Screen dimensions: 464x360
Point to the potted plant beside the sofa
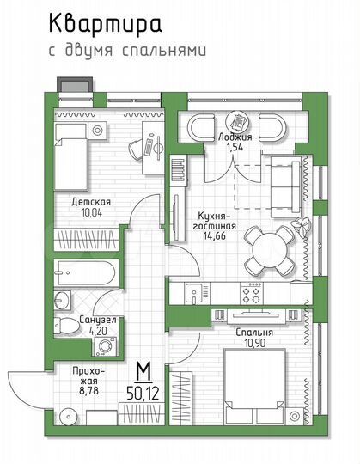[x=302, y=225]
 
